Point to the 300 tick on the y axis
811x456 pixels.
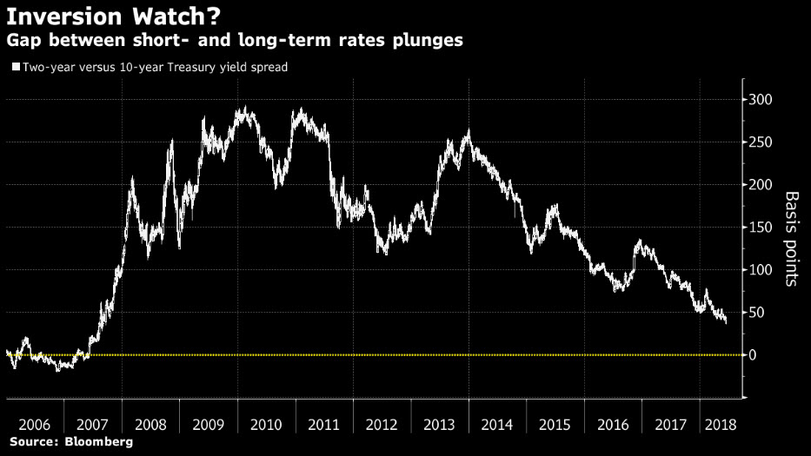pyautogui.click(x=761, y=100)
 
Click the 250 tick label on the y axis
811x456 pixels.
pyautogui.click(x=761, y=142)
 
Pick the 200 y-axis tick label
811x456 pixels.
pyautogui.click(x=761, y=185)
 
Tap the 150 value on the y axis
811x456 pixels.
pyautogui.click(x=761, y=228)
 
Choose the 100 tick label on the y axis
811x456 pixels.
pyautogui.click(x=761, y=270)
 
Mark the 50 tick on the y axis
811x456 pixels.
pyautogui.click(x=757, y=313)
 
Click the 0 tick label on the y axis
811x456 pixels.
pyautogui.click(x=754, y=355)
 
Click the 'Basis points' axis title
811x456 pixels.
pyautogui.click(x=792, y=238)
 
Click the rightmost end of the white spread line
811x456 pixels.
pyautogui.click(x=727, y=321)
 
